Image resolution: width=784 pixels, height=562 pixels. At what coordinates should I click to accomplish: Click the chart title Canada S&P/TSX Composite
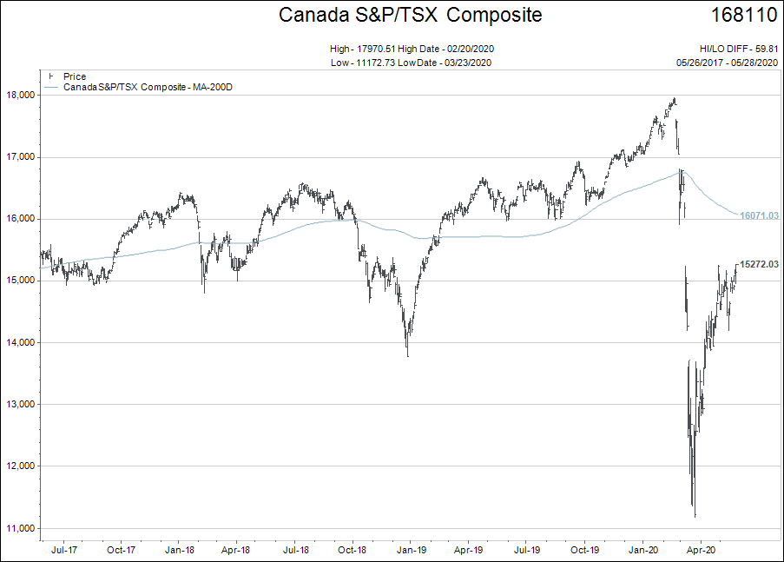(x=410, y=15)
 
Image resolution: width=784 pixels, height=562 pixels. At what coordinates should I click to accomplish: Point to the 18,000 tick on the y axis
(x=21, y=95)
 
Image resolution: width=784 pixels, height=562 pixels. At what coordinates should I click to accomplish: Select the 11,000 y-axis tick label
(x=21, y=528)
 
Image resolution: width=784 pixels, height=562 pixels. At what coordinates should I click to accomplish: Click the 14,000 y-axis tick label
(x=21, y=342)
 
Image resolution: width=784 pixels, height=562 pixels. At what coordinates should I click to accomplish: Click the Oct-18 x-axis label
(x=352, y=550)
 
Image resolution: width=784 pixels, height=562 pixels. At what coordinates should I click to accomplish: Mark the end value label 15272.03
(x=757, y=264)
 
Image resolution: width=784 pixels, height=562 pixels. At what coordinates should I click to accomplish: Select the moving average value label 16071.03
(x=757, y=215)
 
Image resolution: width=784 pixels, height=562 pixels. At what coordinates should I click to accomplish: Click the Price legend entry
(x=75, y=76)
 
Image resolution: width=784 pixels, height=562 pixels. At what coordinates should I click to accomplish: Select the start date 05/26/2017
(x=700, y=62)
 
